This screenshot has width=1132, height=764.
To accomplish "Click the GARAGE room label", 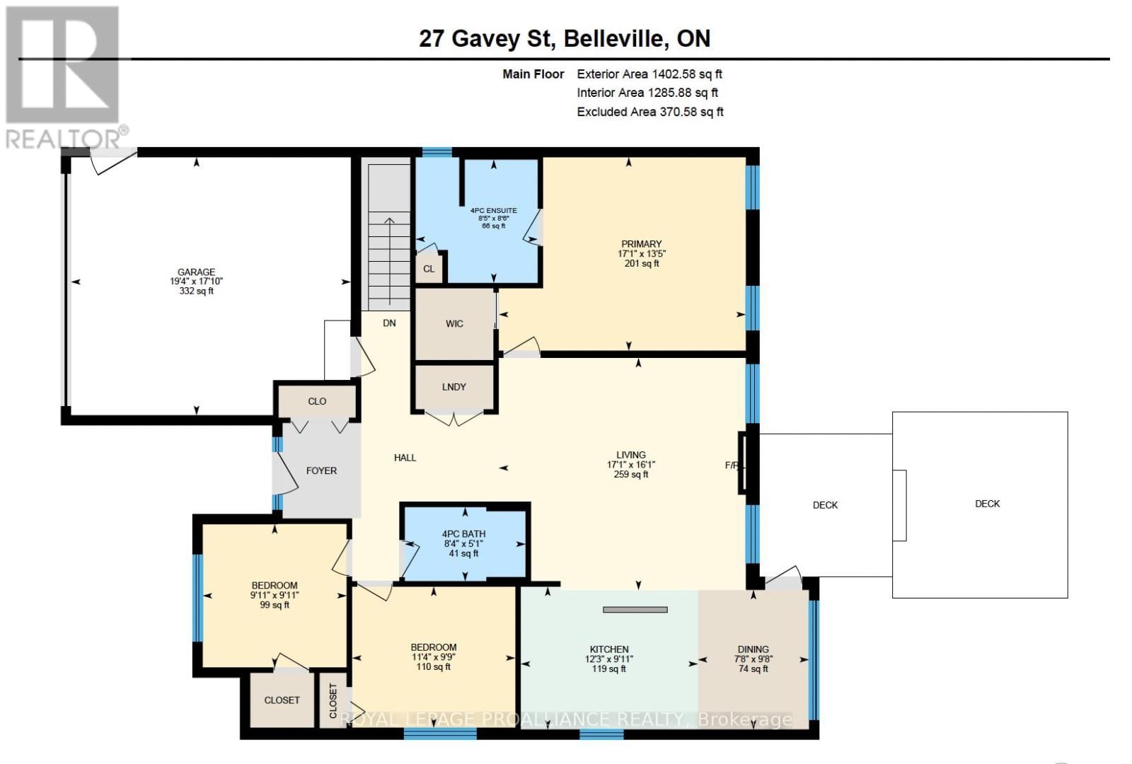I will coord(196,272).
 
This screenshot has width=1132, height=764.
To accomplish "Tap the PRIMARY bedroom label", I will coord(641,244).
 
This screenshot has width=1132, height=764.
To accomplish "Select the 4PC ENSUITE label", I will coord(493,210).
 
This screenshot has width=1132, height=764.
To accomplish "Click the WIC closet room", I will coord(454,324).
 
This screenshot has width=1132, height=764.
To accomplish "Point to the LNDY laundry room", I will coord(454,387).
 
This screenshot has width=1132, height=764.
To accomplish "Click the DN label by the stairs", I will coord(389,323).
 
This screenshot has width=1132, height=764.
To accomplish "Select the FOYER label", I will coord(321,470).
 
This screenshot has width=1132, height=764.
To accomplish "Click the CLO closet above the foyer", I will coord(317,401).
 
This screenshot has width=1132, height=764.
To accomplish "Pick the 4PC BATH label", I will coord(463,534).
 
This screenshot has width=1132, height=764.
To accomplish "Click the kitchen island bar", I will coord(635,609).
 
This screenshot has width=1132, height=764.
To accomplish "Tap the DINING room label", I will coord(753,649).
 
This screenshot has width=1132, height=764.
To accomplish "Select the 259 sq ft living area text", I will coord(630,475).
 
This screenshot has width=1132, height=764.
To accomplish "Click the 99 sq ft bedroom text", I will coord(275,605).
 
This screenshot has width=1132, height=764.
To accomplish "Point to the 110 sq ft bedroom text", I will coord(433,666).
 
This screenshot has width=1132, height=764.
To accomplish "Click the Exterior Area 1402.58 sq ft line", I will coord(649,74).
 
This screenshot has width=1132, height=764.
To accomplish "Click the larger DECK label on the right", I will coord(987,504).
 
